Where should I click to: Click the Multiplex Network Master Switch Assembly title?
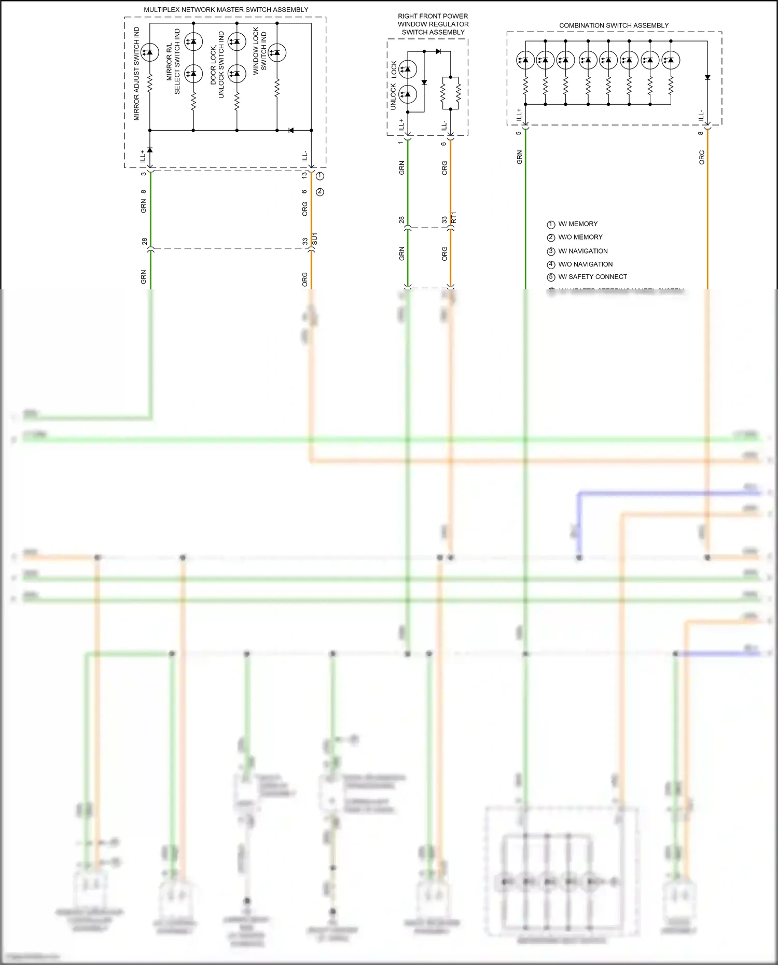[x=226, y=10]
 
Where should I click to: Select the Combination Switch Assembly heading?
[x=614, y=25]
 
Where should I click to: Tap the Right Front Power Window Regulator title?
[x=433, y=24]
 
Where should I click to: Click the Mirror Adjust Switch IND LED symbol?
[x=150, y=52]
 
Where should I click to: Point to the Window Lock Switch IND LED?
[x=276, y=52]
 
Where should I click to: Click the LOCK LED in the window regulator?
[x=408, y=69]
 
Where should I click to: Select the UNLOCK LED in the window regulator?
[x=408, y=94]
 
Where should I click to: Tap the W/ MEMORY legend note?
[x=577, y=224]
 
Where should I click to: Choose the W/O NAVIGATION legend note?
[x=585, y=264]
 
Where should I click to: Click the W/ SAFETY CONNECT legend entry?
[x=592, y=277]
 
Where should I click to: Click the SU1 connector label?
[x=315, y=239]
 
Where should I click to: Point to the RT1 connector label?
[x=454, y=217]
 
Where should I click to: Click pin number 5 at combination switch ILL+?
[x=518, y=133]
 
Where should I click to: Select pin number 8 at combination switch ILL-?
[x=701, y=133]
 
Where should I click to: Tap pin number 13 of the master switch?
[x=304, y=175]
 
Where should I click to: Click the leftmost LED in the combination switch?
[x=525, y=60]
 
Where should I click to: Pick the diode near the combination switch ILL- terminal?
[x=707, y=77]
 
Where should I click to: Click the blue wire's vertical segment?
[x=578, y=524]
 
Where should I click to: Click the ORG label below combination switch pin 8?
[x=702, y=158]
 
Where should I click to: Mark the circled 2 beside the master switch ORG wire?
[x=320, y=192]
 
